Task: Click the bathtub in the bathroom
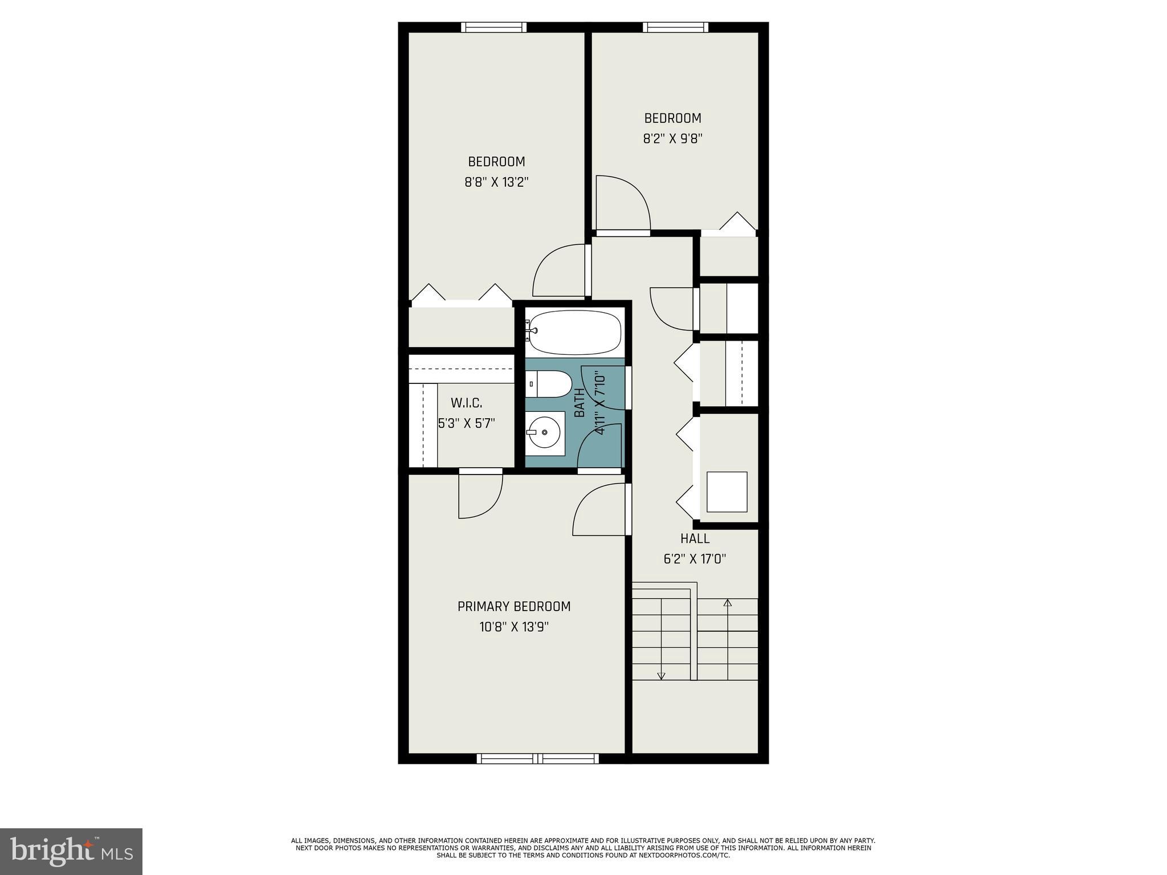click(x=574, y=332)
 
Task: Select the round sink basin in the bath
click(x=544, y=432)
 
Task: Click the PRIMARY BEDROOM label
click(x=513, y=606)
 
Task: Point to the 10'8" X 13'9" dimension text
click(x=513, y=627)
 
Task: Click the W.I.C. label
click(x=466, y=403)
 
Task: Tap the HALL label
click(x=695, y=538)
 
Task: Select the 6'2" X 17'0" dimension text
click(x=695, y=559)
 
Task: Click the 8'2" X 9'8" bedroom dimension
click(x=672, y=139)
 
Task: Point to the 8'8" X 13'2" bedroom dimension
click(x=496, y=182)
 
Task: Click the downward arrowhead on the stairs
click(x=661, y=676)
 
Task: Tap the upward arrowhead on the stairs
click(x=727, y=602)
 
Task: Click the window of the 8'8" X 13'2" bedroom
click(x=493, y=27)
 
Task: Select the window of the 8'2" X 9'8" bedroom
click(x=676, y=27)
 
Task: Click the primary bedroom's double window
click(x=537, y=758)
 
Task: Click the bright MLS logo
click(x=71, y=852)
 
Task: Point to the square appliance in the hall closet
click(x=727, y=492)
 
